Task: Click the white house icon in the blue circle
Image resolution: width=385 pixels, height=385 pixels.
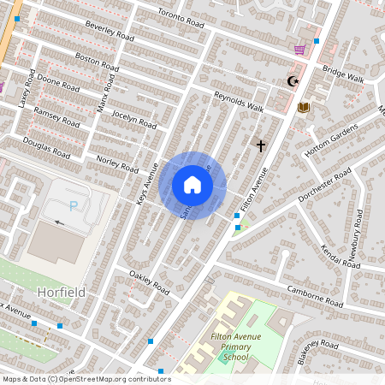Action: click(192, 185)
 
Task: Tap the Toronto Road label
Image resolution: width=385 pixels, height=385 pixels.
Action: click(182, 19)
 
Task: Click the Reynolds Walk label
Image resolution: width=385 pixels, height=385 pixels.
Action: click(239, 103)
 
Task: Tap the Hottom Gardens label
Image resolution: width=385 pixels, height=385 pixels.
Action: click(332, 140)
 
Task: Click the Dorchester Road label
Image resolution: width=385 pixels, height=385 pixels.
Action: click(325, 185)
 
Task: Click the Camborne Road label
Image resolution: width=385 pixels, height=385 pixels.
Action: click(315, 297)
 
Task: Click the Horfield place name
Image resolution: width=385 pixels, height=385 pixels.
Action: click(61, 292)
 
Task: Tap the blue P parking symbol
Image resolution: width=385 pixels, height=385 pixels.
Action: click(73, 205)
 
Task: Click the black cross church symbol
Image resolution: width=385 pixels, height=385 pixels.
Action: click(260, 145)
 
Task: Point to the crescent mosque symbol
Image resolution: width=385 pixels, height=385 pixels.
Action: click(293, 81)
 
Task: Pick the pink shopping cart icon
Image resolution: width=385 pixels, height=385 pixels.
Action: click(299, 50)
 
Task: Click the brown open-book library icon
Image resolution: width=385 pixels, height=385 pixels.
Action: click(303, 107)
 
